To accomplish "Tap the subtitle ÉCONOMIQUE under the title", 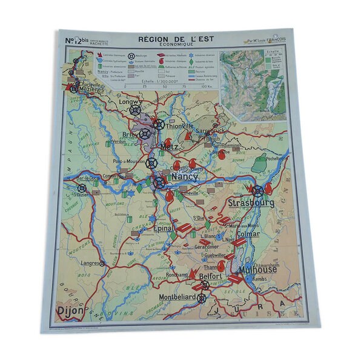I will (171, 45).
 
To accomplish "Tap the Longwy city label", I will (129, 103).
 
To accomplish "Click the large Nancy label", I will (184, 176).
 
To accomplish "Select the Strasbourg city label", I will (251, 202).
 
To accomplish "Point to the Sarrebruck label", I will (212, 130).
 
